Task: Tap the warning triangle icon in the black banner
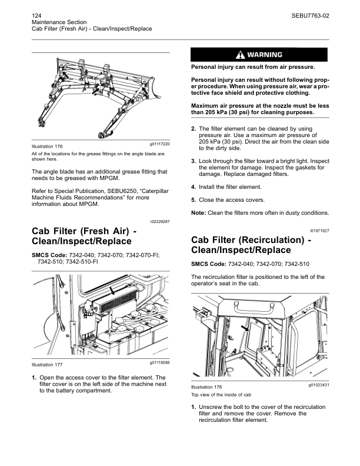pos(240,55)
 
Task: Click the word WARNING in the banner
pos(265,55)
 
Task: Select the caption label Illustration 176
pos(47,145)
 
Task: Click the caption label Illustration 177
pos(47,365)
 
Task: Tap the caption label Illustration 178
pos(208,387)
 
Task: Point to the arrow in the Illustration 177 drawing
pos(121,290)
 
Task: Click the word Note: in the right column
pos(199,212)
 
